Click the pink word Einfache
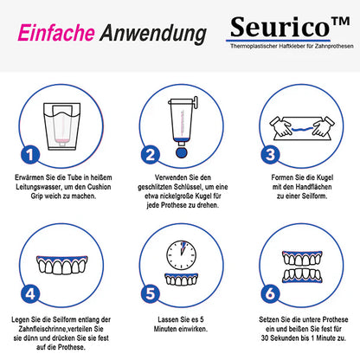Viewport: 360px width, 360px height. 54,33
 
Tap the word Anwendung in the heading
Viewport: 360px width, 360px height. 152,33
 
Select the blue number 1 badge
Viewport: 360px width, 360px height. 29,155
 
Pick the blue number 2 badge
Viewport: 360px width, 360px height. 149,155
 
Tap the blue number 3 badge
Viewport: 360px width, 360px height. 268,155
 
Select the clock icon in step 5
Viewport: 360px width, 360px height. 180,254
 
